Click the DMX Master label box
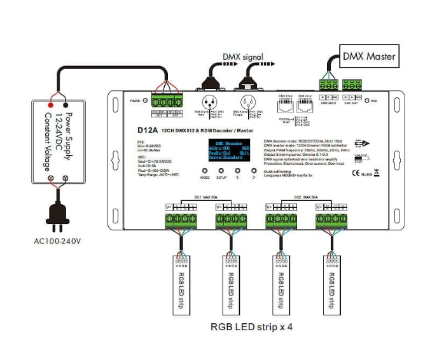(x=369, y=56)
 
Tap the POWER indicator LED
(x=146, y=100)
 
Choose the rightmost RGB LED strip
(x=330, y=282)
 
